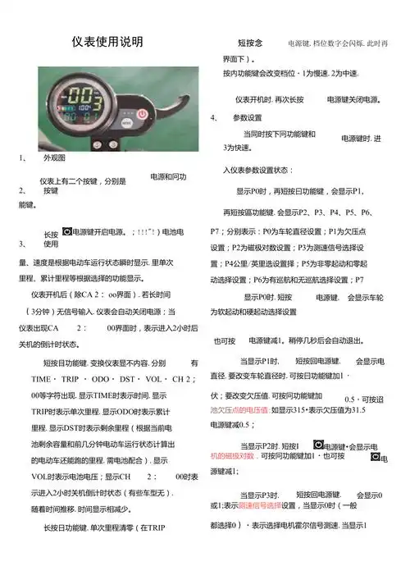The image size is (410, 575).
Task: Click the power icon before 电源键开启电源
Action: tap(66, 231)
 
